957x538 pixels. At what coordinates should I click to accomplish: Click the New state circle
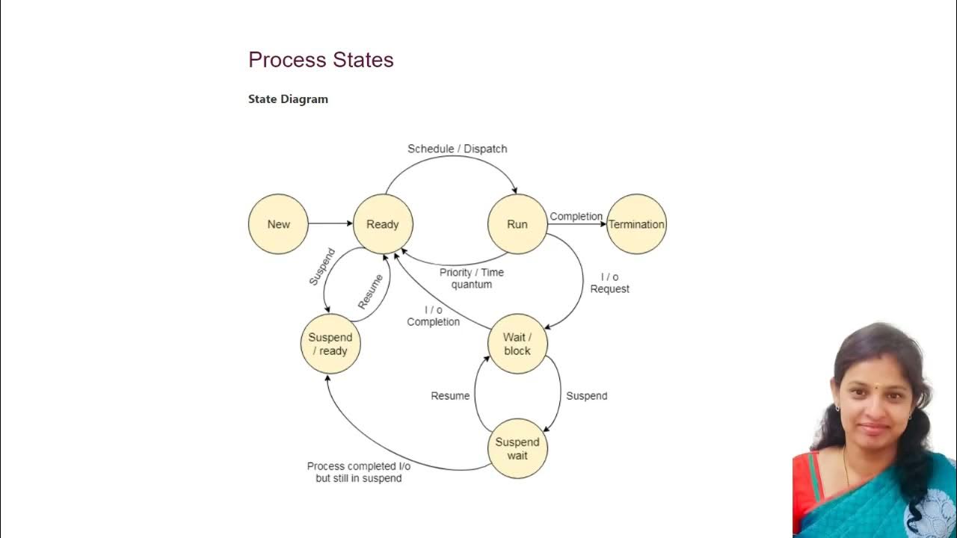(x=278, y=224)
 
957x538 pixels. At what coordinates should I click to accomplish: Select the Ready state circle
(x=383, y=224)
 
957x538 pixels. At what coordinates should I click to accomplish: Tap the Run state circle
(x=517, y=224)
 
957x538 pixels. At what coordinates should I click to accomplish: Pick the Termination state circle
(x=636, y=224)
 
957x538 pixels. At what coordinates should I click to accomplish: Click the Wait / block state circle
(x=517, y=344)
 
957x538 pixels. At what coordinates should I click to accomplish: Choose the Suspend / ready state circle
(x=330, y=344)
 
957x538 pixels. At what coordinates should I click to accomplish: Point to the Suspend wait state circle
(x=517, y=448)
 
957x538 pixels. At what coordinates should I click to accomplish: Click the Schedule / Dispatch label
(x=457, y=149)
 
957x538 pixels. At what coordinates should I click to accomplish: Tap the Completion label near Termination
(x=576, y=217)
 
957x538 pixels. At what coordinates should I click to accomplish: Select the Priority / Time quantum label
(x=472, y=278)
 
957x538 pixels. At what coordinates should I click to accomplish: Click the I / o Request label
(x=610, y=282)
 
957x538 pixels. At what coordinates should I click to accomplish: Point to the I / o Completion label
(x=434, y=315)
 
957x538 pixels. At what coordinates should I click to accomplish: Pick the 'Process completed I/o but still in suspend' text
(x=359, y=472)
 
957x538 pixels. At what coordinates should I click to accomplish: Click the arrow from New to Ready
(x=330, y=223)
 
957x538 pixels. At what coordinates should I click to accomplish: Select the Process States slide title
(x=321, y=60)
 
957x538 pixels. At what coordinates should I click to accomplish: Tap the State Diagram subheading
(x=288, y=99)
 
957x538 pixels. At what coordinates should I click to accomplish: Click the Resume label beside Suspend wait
(x=450, y=396)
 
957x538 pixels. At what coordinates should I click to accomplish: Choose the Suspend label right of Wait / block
(x=586, y=396)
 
